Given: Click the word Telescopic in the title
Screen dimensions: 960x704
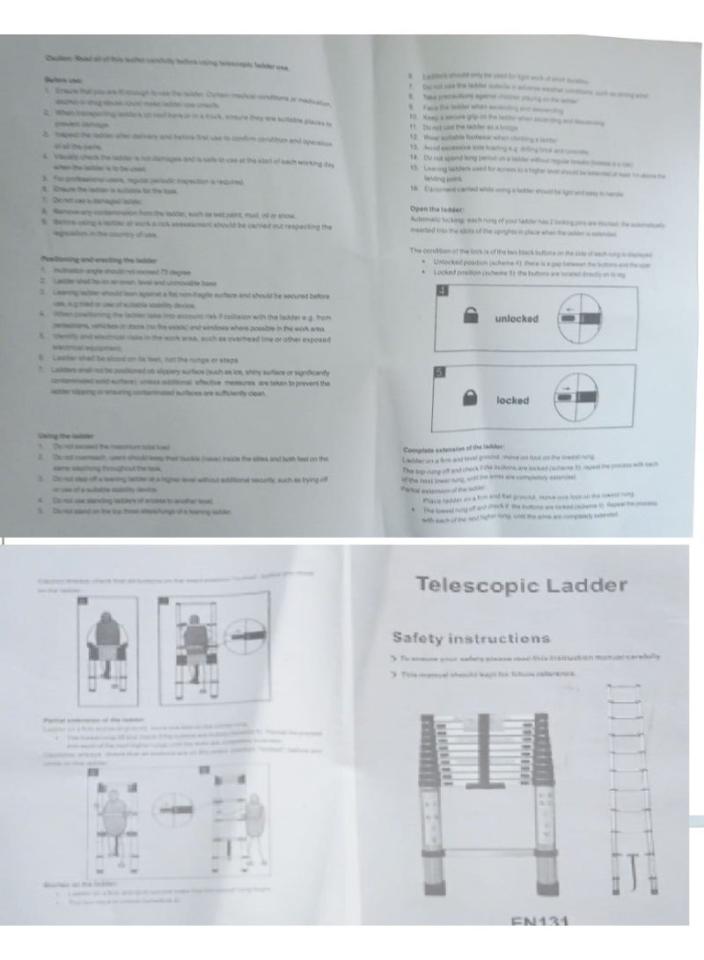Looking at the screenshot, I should [x=471, y=585].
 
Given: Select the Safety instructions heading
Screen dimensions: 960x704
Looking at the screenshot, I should [x=471, y=638].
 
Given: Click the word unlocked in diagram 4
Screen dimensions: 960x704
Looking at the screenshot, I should [x=517, y=319].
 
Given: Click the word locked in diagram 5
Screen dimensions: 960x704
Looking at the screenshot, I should [x=513, y=400].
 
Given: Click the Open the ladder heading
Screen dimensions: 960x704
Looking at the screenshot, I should [x=431, y=209].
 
